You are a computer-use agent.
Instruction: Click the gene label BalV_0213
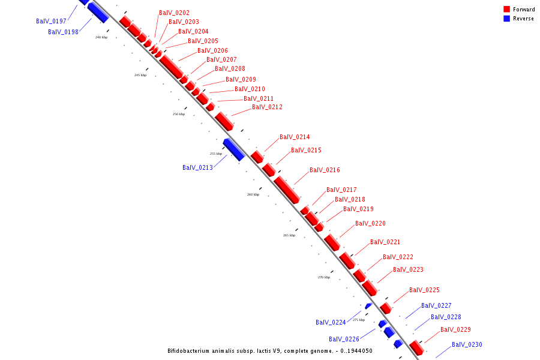tap(197, 167)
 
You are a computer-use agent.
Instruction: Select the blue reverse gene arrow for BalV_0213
tap(233, 149)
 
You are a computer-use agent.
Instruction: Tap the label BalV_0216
tap(325, 170)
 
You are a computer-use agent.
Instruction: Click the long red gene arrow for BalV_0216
tap(286, 188)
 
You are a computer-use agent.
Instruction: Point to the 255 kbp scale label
tap(216, 154)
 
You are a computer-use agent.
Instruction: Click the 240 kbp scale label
tap(101, 37)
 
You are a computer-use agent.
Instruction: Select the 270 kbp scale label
tap(324, 277)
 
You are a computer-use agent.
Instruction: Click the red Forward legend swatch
tap(507, 10)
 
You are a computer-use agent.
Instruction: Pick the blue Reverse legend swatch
tap(507, 19)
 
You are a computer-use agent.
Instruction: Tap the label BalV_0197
tap(51, 22)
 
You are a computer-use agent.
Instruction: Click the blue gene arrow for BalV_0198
tap(98, 13)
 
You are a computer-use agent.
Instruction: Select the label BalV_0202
tap(174, 13)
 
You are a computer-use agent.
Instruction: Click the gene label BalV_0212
tap(267, 107)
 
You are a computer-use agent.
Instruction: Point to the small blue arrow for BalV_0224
tap(368, 306)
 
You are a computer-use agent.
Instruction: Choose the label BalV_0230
tap(467, 345)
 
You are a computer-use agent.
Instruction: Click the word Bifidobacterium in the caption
tap(193, 351)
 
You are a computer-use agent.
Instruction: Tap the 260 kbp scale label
tap(253, 194)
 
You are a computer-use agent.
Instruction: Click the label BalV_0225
tap(424, 290)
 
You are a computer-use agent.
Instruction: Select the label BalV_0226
tap(344, 340)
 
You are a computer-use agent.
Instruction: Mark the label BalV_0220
tap(370, 224)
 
